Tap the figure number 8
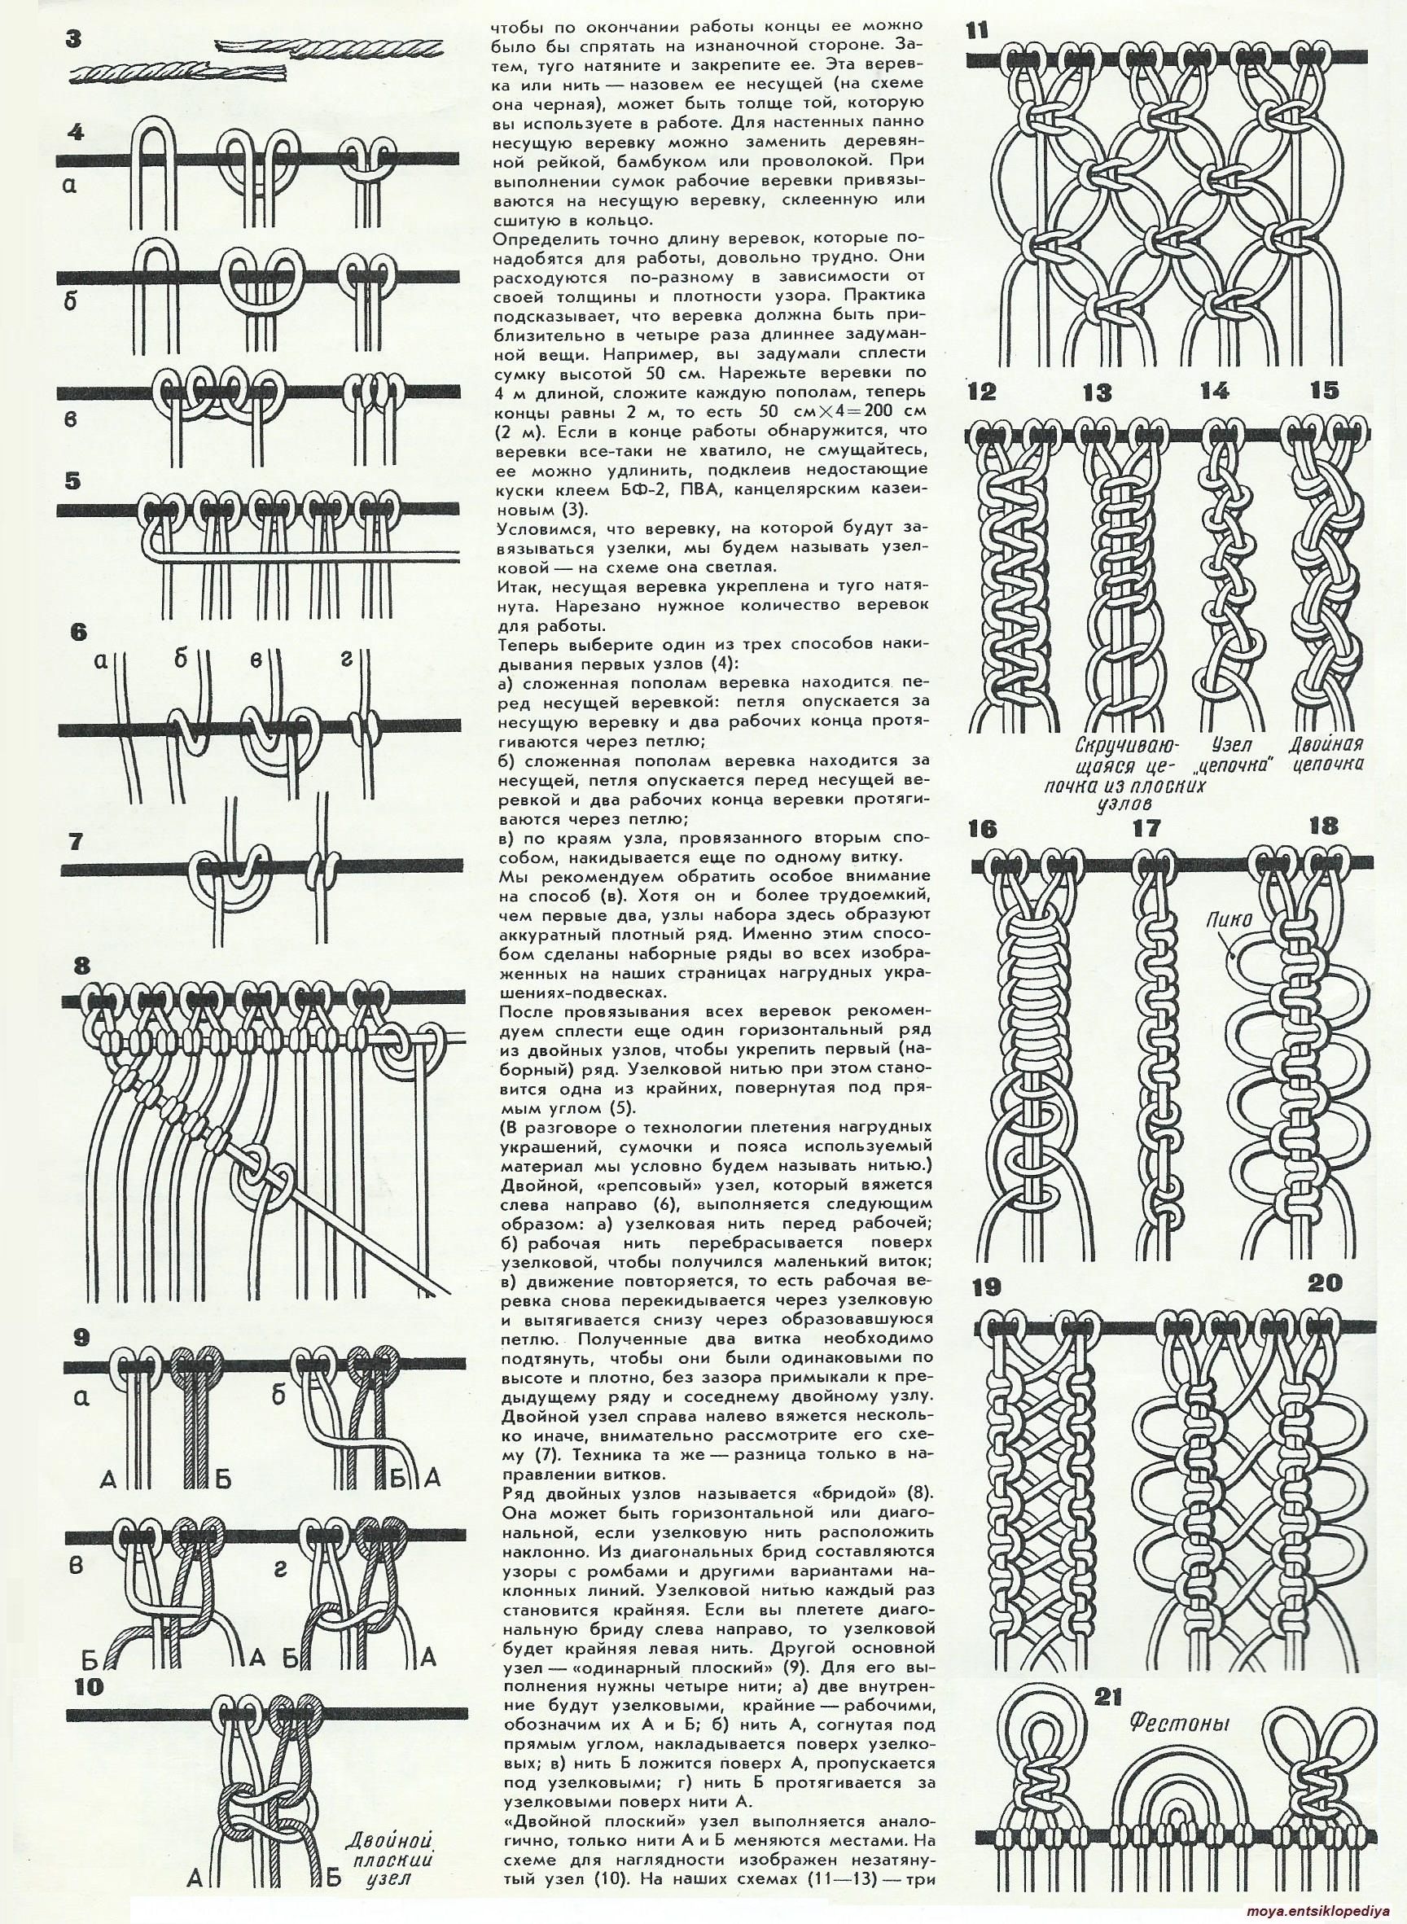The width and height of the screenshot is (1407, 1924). pyautogui.click(x=81, y=966)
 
